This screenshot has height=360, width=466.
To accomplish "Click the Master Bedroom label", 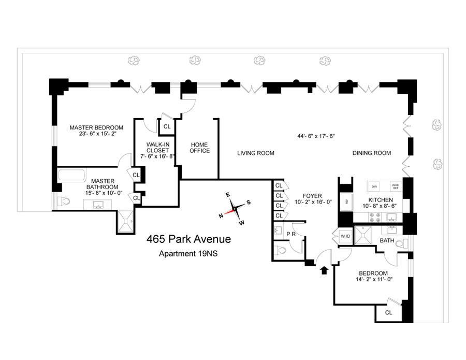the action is (97, 127).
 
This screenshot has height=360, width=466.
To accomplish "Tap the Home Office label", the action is (200, 148).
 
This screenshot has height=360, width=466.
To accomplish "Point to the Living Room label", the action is (256, 153).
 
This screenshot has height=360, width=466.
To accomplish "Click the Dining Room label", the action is (372, 153).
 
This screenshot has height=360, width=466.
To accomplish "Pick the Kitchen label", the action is (381, 200).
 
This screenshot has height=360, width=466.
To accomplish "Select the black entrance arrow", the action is (325, 270).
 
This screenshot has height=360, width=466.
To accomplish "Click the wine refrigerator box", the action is (395, 185).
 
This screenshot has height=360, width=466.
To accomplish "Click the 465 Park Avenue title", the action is (188, 239).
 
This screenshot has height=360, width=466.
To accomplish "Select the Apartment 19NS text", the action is (188, 254).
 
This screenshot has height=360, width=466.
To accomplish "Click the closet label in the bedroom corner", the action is (388, 312).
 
